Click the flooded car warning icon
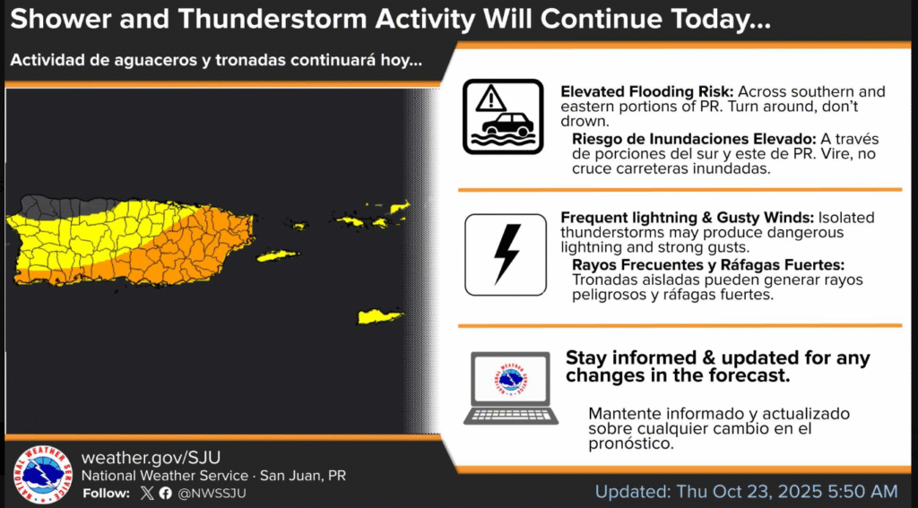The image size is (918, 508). pyautogui.click(x=503, y=116)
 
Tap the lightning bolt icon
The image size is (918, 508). pyautogui.click(x=507, y=254)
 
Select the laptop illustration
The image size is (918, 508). pyautogui.click(x=510, y=387)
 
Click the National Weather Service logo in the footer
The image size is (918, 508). pyautogui.click(x=43, y=475)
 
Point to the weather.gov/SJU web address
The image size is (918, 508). pyautogui.click(x=151, y=457)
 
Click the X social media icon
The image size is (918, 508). pyautogui.click(x=148, y=493)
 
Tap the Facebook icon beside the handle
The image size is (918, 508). pyautogui.click(x=165, y=493)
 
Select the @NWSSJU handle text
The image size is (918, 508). pyautogui.click(x=212, y=494)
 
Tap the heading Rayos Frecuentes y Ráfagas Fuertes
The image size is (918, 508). pyautogui.click(x=708, y=264)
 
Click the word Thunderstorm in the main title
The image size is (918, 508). pyautogui.click(x=277, y=20)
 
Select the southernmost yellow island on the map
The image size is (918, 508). pyautogui.click(x=380, y=316)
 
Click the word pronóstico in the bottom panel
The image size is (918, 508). pyautogui.click(x=628, y=444)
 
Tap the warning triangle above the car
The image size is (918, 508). pyautogui.click(x=490, y=99)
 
